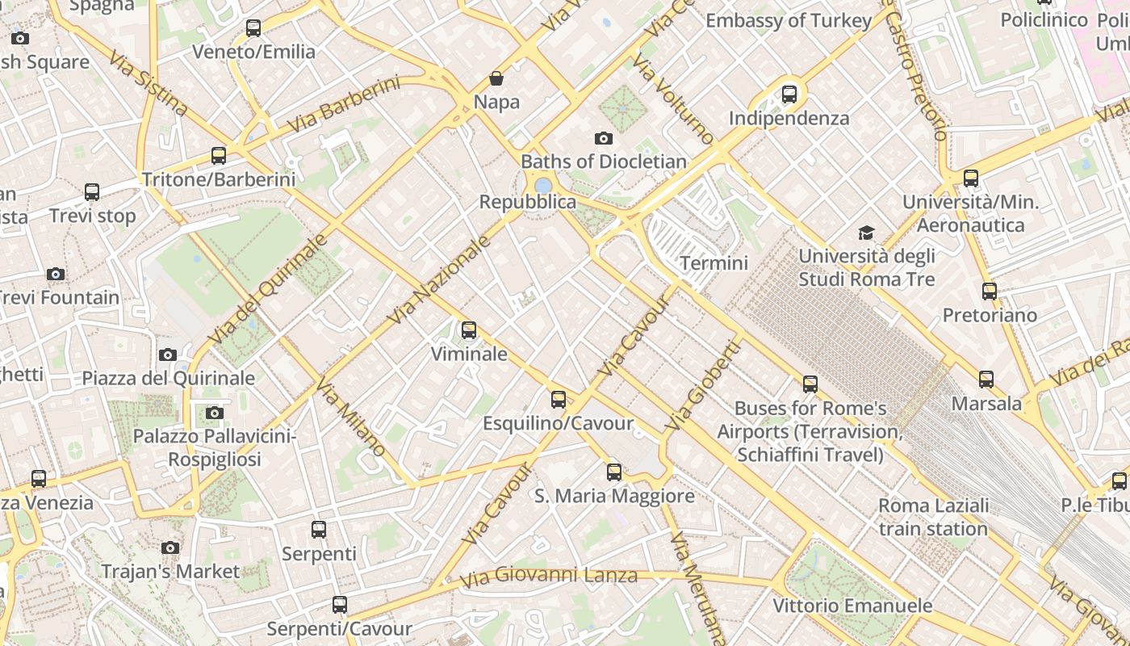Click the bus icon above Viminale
(468, 330)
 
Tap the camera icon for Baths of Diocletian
(603, 139)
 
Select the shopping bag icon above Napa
(496, 78)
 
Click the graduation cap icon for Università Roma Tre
(866, 233)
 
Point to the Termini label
(714, 263)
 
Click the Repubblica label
(528, 202)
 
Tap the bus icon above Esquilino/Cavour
(558, 400)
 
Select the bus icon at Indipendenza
(789, 94)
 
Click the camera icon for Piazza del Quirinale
(168, 354)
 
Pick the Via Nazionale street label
(439, 280)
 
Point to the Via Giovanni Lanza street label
(549, 577)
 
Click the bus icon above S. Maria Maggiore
(614, 472)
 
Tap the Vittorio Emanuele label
(852, 606)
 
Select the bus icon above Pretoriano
(990, 292)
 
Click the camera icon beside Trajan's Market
(169, 547)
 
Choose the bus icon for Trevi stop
(92, 192)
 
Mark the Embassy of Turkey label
(789, 21)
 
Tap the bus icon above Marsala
(986, 380)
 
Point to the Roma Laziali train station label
(933, 518)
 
